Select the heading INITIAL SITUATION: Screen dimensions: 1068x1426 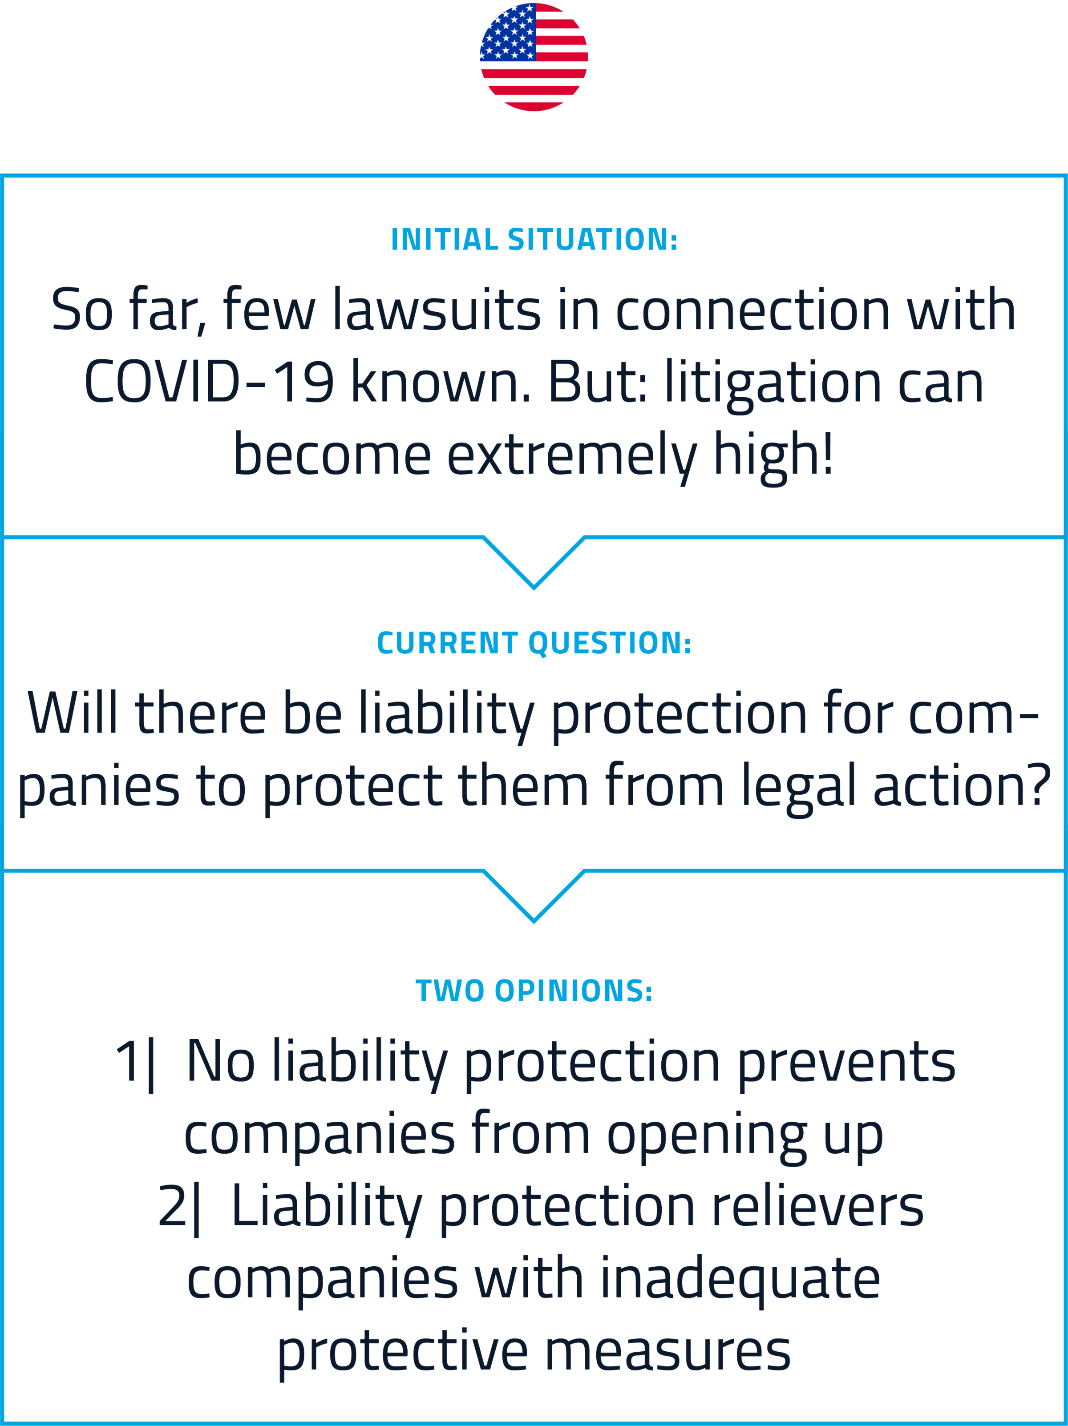[534, 240]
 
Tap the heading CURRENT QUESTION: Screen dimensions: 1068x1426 [534, 643]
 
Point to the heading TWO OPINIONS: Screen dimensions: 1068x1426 [534, 991]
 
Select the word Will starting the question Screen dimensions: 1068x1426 [72, 713]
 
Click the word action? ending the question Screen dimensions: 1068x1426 [962, 785]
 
